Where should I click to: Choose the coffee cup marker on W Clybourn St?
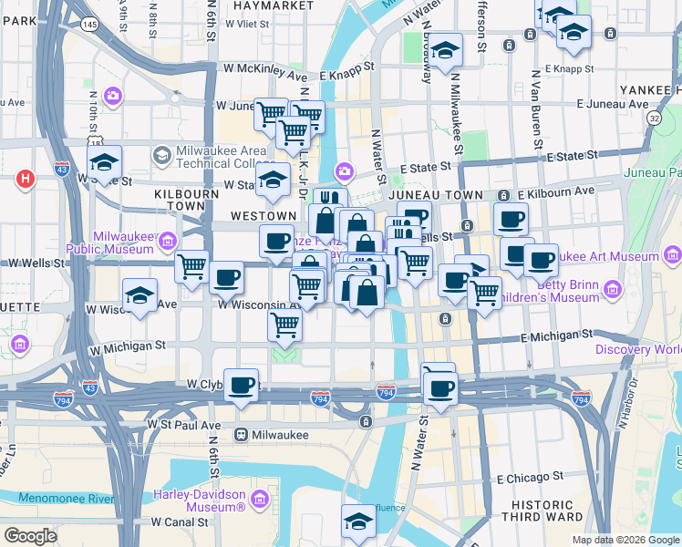241,385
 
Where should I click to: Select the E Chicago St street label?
530,478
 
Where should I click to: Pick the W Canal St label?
182,522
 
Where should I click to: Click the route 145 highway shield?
89,24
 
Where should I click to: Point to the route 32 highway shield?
654,119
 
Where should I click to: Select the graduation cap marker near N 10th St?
105,162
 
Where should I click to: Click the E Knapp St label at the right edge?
570,68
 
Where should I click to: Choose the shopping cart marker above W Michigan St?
285,324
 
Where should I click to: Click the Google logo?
30,536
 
